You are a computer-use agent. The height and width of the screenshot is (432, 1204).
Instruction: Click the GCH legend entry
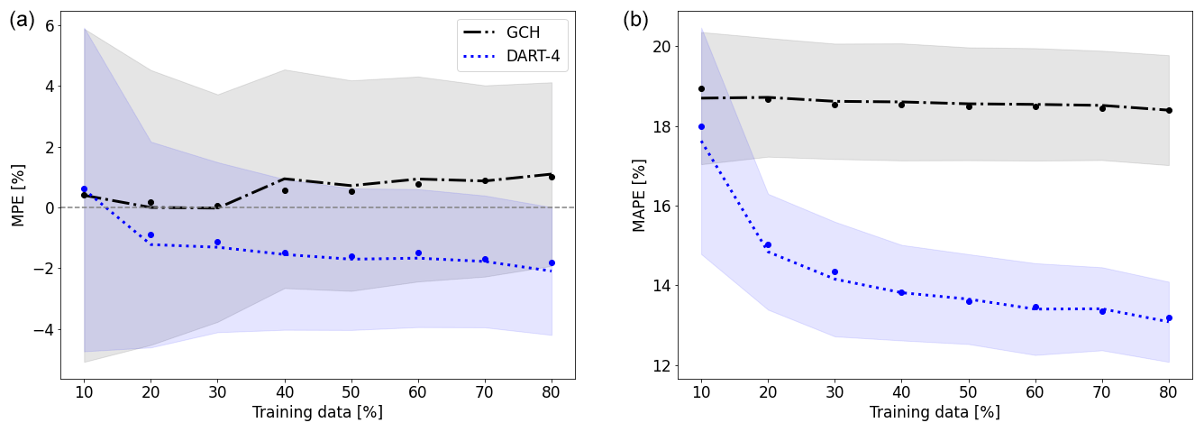512,32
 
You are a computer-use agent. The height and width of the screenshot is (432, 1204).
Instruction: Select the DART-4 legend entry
512,56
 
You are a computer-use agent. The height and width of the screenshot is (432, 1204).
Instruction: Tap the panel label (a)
23,20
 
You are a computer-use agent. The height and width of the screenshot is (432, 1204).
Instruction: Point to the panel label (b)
636,20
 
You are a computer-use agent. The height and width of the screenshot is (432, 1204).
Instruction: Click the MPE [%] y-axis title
17,195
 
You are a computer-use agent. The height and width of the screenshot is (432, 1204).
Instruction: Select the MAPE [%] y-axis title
640,195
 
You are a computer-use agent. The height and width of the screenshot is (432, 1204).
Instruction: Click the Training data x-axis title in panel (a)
317,412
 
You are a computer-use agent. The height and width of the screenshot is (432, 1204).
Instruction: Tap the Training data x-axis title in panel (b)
935,412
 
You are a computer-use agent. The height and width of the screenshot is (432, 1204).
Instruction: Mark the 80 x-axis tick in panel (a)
552,392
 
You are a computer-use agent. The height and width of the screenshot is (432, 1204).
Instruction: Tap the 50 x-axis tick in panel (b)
969,392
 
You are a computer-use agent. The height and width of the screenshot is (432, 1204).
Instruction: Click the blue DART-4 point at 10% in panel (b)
701,126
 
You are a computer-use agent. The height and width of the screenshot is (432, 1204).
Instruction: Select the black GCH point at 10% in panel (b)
701,88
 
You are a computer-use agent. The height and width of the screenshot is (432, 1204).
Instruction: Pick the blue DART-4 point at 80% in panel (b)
1169,317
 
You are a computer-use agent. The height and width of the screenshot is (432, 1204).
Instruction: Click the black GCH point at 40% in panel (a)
285,190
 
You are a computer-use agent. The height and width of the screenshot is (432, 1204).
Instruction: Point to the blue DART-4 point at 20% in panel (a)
150,234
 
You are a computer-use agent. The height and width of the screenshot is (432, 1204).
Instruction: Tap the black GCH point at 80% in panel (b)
1169,110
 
